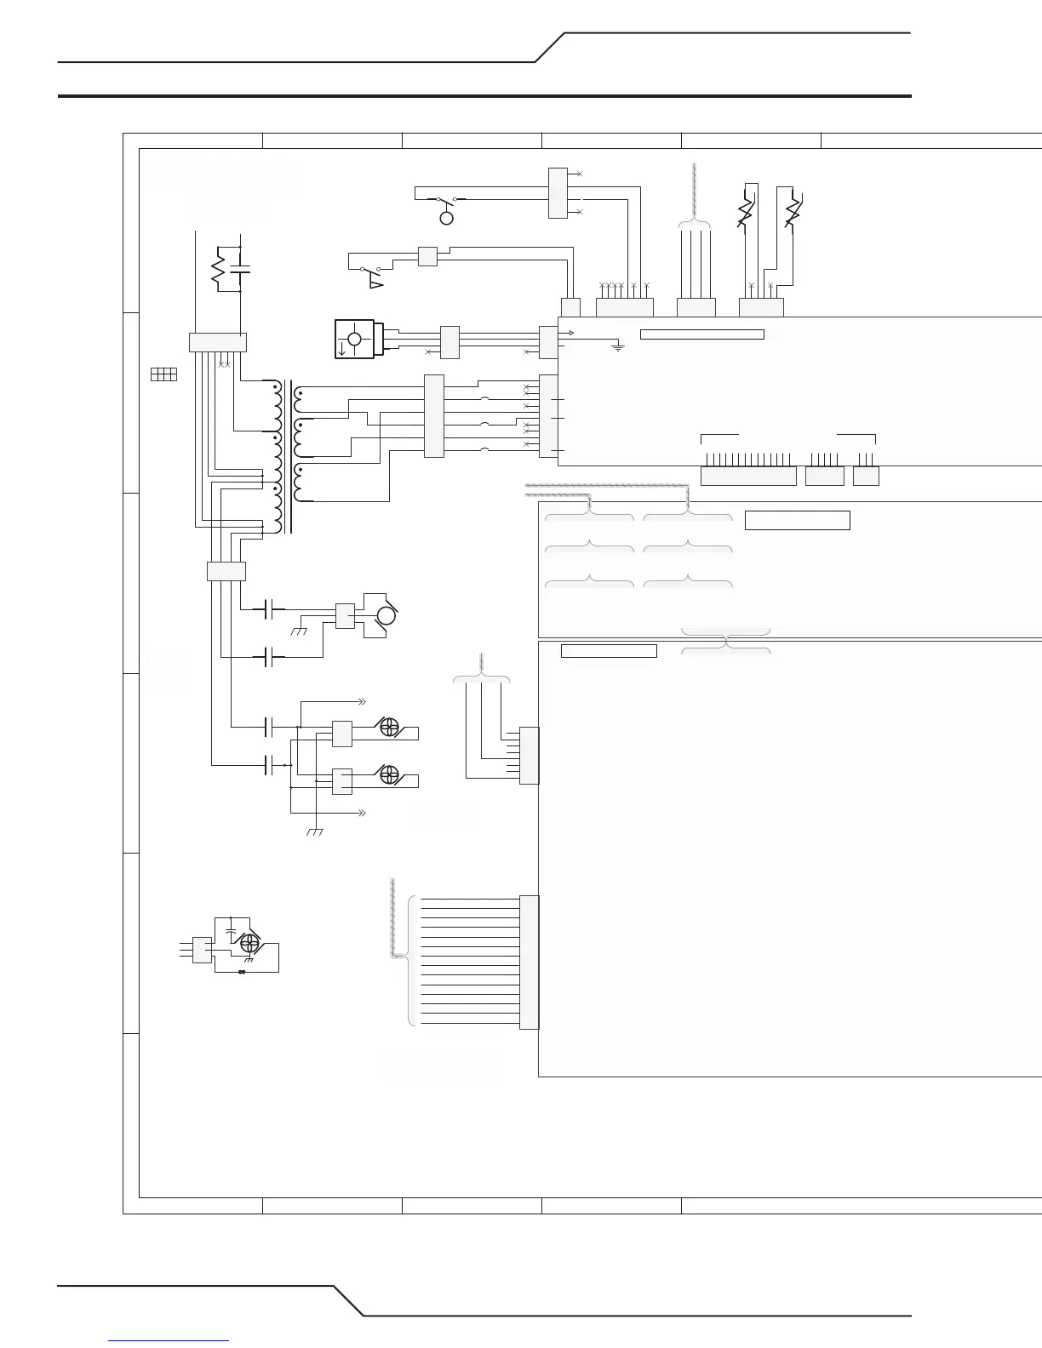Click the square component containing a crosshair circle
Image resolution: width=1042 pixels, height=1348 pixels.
(355, 340)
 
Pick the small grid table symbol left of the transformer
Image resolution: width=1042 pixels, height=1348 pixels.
(163, 374)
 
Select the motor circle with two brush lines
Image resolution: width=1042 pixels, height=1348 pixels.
(385, 614)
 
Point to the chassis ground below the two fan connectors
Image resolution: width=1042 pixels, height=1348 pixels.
(314, 831)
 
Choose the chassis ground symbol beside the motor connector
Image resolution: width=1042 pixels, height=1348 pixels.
(299, 631)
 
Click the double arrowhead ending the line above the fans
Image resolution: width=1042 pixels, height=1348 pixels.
(361, 702)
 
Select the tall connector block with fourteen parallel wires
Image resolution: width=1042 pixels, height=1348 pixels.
(529, 962)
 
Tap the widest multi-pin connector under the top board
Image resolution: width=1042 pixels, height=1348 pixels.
(747, 476)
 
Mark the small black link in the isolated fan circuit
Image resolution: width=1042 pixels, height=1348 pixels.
(242, 972)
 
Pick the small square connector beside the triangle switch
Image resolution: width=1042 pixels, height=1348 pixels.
(427, 256)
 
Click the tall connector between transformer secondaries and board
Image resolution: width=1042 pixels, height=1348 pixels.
(433, 416)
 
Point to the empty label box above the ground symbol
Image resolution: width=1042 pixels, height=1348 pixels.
(701, 334)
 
